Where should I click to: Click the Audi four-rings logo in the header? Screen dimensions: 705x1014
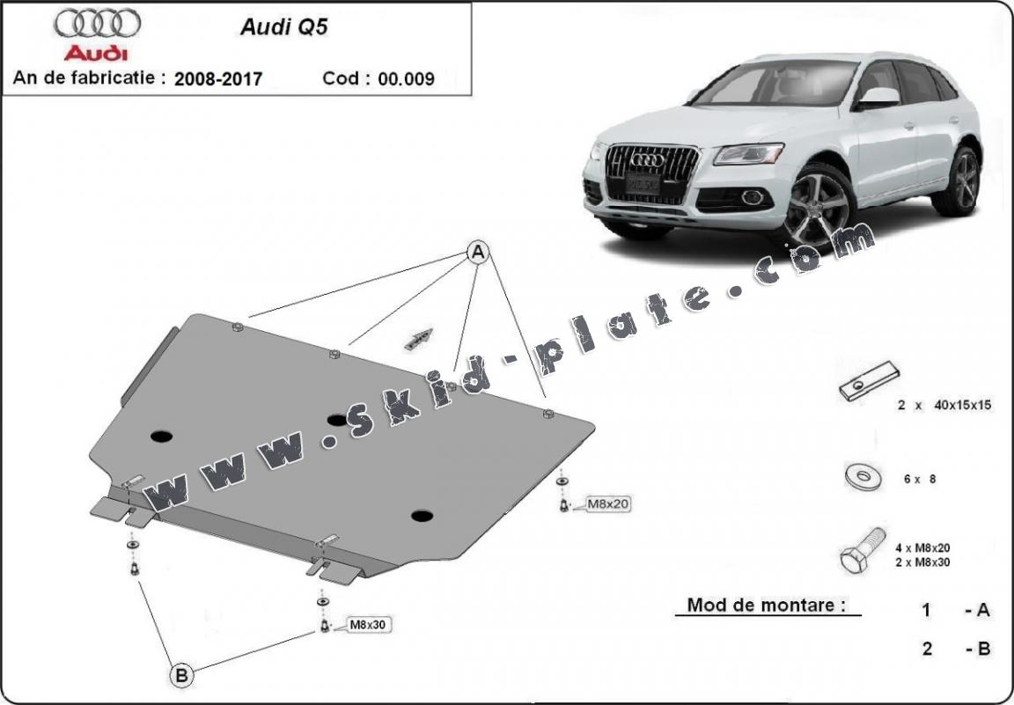coord(96,22)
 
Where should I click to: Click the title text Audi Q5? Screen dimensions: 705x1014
coord(272,26)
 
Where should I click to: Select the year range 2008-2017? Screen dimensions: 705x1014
coord(218,78)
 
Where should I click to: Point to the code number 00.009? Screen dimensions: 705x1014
coord(406,78)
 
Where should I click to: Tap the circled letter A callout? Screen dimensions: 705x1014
coord(477,253)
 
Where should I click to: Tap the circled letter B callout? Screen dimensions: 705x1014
coord(181,676)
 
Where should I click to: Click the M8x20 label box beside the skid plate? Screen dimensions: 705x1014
coord(608,504)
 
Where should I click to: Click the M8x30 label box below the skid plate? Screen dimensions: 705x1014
coord(369,625)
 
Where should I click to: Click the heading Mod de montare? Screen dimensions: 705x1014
coord(767,605)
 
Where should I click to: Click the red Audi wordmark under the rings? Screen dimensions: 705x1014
coord(96,52)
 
